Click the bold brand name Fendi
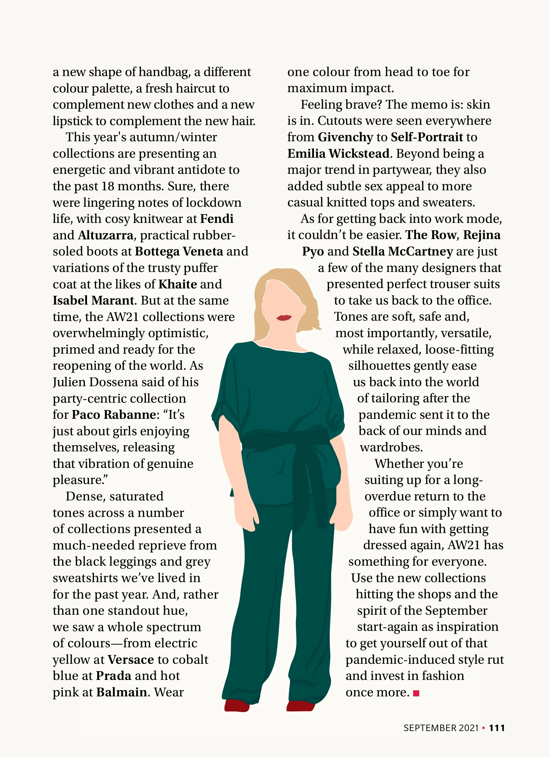(216, 219)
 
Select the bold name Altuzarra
(106, 235)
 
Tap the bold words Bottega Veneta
(179, 252)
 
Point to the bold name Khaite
(177, 284)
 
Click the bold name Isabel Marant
(93, 301)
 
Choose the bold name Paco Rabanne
(114, 415)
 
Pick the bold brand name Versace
(130, 660)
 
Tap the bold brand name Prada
(114, 676)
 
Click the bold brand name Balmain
(121, 693)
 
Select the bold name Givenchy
(345, 137)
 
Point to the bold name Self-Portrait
(427, 137)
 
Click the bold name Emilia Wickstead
(338, 154)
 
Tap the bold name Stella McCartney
(403, 252)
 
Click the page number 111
(497, 728)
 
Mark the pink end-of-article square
(416, 693)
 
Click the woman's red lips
(284, 318)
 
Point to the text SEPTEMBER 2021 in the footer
(441, 728)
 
